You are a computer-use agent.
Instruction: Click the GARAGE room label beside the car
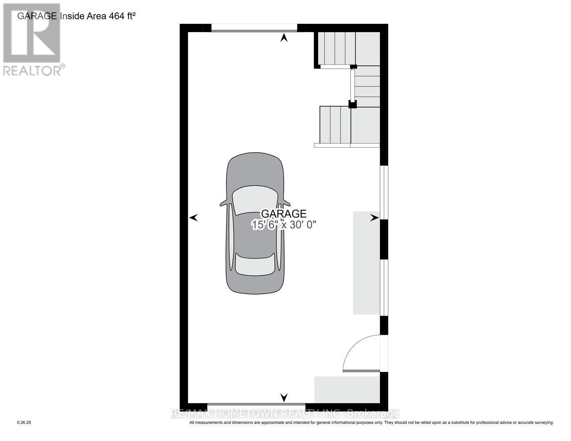[x=284, y=214]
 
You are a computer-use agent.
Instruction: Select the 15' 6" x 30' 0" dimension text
[x=284, y=224]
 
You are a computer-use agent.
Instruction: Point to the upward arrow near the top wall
[x=284, y=38]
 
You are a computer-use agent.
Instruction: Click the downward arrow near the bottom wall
[x=284, y=397]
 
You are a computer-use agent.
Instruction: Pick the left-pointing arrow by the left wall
[x=193, y=217]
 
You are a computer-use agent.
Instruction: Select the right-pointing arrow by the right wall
[x=375, y=217]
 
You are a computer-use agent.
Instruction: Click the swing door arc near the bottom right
[x=358, y=351]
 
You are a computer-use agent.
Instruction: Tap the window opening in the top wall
[x=254, y=28]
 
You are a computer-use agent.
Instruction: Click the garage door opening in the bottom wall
[x=256, y=404]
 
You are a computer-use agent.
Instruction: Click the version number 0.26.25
[x=24, y=422]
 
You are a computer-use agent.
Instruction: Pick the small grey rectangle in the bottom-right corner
[x=347, y=389]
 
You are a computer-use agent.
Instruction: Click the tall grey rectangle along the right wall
[x=366, y=263]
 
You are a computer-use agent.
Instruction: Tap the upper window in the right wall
[x=384, y=192]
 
